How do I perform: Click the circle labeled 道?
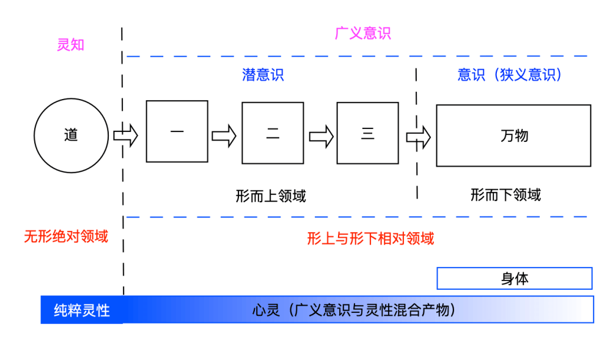tap(71, 135)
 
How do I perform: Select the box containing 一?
tap(177, 131)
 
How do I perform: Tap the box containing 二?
tap(273, 133)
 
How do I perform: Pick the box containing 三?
tap(367, 133)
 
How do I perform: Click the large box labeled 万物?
tap(513, 135)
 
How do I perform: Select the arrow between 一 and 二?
tap(224, 134)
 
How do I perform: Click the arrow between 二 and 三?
tap(321, 134)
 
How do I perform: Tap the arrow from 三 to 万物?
tap(419, 135)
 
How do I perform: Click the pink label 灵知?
tap(71, 45)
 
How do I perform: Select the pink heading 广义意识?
tap(363, 33)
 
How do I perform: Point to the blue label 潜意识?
tap(263, 75)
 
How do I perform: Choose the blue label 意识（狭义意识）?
tap(510, 75)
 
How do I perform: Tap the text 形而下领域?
tap(505, 195)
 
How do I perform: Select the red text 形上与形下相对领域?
tap(370, 238)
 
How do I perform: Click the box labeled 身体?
tap(514, 279)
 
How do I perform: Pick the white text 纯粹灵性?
tap(82, 310)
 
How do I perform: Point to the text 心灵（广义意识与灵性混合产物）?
tap(355, 310)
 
